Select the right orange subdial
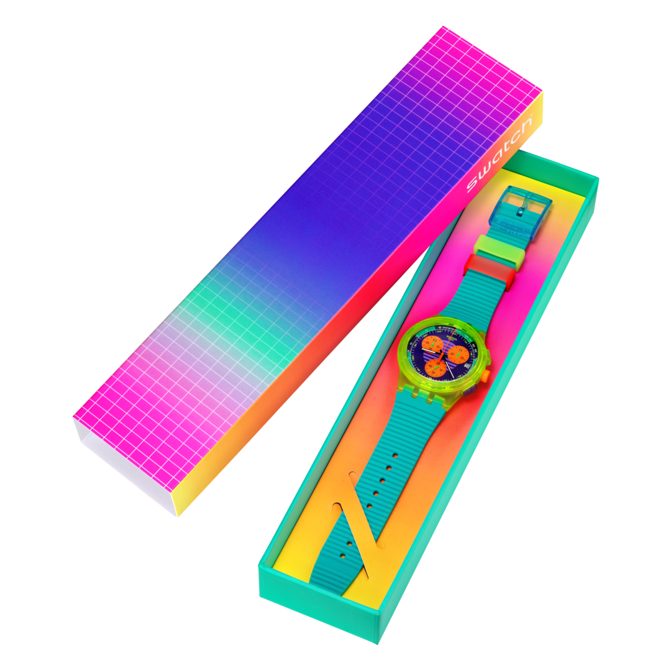point(460,354)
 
